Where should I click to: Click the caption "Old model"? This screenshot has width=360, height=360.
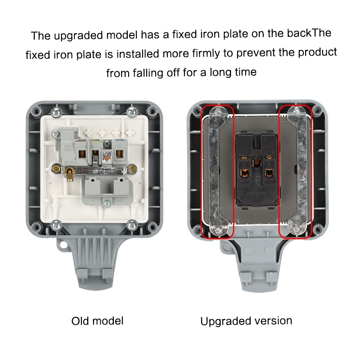tap(97, 321)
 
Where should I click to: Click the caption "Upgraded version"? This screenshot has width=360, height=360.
tap(246, 321)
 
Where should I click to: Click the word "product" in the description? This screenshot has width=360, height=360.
tap(317, 53)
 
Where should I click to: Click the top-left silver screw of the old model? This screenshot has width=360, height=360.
tap(57, 112)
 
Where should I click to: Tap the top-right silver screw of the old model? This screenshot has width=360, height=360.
tap(132, 112)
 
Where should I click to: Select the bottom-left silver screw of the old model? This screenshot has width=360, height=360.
tap(56, 225)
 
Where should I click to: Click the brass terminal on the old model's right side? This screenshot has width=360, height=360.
tap(132, 169)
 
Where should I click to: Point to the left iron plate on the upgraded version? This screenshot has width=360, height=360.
tap(218, 172)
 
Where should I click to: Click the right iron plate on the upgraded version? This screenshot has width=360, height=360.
tap(297, 172)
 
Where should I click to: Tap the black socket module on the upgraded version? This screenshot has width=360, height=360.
tap(257, 170)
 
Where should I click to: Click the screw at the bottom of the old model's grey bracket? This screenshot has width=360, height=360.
tap(107, 203)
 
